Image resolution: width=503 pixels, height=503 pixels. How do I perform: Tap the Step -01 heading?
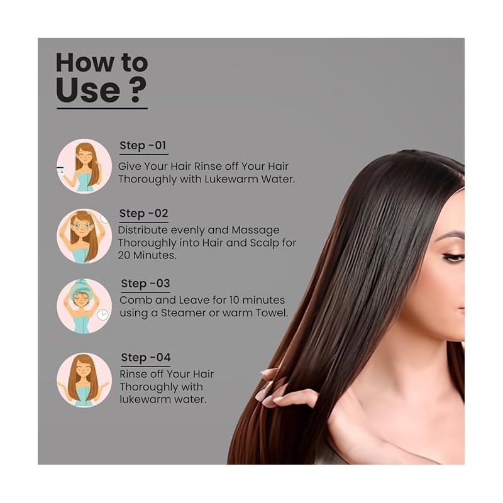tap(143, 145)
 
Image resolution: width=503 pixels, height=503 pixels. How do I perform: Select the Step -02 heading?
tap(144, 213)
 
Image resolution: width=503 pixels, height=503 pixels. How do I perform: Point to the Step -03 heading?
tap(145, 284)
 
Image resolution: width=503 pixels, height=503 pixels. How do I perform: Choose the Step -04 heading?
tap(146, 357)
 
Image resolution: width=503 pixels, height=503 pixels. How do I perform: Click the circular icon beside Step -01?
tap(84, 166)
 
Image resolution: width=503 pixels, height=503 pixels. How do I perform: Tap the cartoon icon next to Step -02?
tap(84, 236)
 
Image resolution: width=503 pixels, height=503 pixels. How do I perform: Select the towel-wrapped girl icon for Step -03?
tap(84, 306)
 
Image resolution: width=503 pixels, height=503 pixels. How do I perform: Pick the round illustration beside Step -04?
tap(84, 380)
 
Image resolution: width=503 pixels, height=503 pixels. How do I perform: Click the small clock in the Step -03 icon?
tap(102, 315)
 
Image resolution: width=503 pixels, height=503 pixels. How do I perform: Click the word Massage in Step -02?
tap(255, 231)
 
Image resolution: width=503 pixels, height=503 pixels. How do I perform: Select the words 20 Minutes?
tap(147, 255)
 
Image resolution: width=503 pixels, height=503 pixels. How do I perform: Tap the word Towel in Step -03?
tap(272, 312)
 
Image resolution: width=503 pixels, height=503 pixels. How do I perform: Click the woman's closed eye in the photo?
tap(453, 257)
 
